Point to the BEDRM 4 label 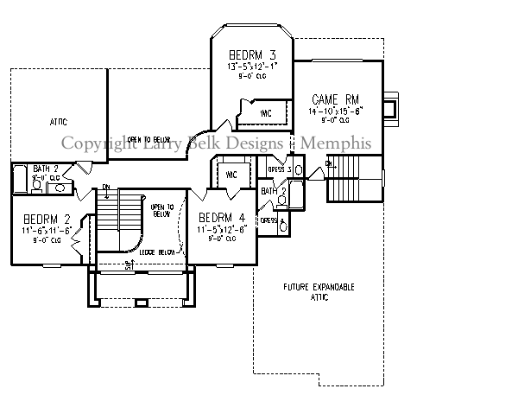click(223, 216)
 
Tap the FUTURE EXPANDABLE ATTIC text click(319, 291)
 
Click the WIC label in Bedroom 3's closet click(267, 112)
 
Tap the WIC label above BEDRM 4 click(231, 175)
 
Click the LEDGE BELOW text click(158, 252)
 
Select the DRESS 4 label click(269, 220)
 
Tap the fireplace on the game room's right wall click(390, 107)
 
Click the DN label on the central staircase click(104, 187)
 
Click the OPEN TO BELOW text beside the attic click(147, 138)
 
